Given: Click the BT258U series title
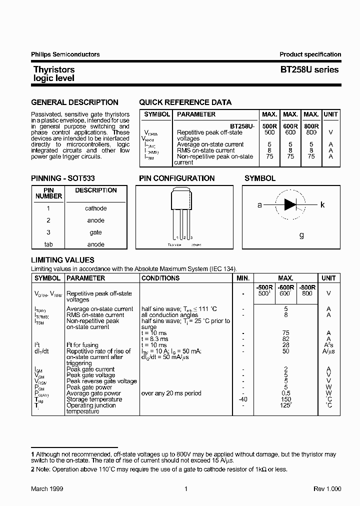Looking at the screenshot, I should pyautogui.click(x=309, y=70).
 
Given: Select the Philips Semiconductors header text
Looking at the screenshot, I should pyautogui.click(x=65, y=54).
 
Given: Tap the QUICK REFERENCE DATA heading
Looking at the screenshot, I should pyautogui.click(x=185, y=102).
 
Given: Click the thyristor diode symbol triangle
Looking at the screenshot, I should pyautogui.click(x=290, y=204).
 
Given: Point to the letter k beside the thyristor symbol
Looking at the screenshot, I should pyautogui.click(x=322, y=205).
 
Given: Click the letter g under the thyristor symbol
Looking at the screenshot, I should pyautogui.click(x=301, y=235).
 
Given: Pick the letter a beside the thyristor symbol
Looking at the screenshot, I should pyautogui.click(x=259, y=205).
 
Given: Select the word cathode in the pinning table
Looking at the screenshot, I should pyautogui.click(x=95, y=208).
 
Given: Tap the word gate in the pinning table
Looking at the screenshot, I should pyautogui.click(x=95, y=232).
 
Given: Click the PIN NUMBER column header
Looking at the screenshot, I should pyautogui.click(x=49, y=193).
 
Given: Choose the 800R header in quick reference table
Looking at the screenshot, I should pyautogui.click(x=311, y=126).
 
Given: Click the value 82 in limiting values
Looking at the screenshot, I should pyautogui.click(x=286, y=339).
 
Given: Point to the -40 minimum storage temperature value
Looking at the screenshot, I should pyautogui.click(x=243, y=399).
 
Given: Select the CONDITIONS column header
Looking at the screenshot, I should pyautogui.click(x=160, y=278).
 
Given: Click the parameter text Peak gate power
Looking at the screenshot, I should pyautogui.click(x=90, y=387).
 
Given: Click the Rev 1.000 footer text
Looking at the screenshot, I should pyautogui.click(x=327, y=488).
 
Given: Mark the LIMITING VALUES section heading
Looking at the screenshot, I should pyautogui.click(x=62, y=260).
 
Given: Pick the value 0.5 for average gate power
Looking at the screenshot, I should pyautogui.click(x=286, y=393).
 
